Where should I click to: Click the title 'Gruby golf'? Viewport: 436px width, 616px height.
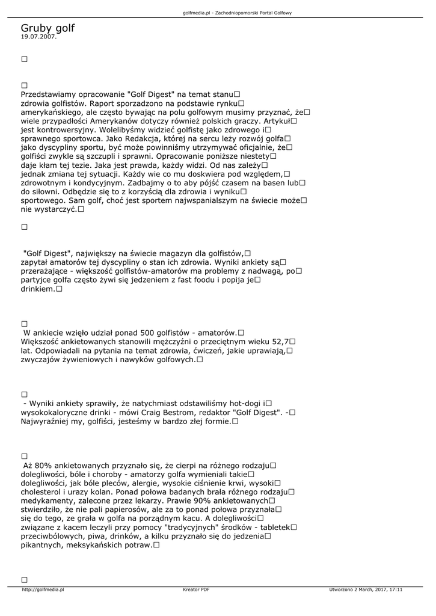[48, 28]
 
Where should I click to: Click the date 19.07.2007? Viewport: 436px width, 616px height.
[38, 37]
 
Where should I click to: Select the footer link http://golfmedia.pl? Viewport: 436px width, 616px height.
[43, 590]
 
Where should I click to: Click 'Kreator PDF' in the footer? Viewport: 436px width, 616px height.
[196, 590]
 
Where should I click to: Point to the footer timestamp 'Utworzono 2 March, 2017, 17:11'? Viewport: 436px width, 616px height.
[366, 590]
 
